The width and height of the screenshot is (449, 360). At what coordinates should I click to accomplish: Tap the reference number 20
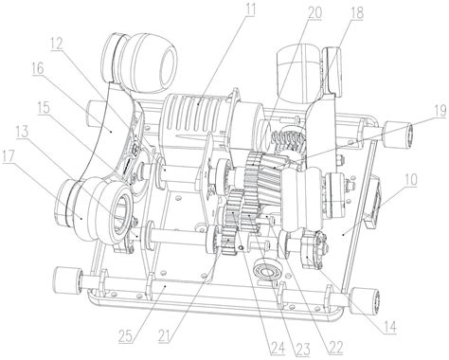[314, 13]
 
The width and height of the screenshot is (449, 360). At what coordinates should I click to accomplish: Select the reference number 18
[357, 13]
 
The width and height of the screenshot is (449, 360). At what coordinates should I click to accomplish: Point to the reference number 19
[440, 111]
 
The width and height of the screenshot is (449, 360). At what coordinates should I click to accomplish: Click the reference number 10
[410, 179]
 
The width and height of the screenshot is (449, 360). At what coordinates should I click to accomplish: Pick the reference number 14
[389, 327]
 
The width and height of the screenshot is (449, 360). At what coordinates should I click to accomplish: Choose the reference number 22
[334, 347]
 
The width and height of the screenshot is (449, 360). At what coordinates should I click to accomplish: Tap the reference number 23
[302, 350]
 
